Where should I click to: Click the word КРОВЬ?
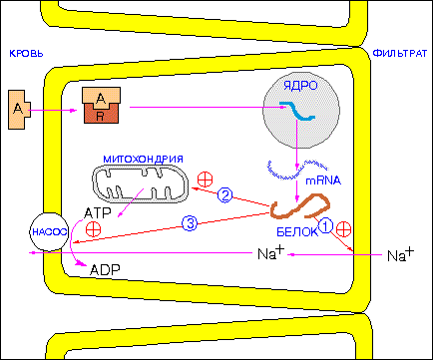[x=26, y=53]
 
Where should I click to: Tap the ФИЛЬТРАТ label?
[x=400, y=53]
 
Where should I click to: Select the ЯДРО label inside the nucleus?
[x=300, y=86]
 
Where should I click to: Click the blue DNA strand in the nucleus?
[x=297, y=111]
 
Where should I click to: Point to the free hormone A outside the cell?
[x=19, y=110]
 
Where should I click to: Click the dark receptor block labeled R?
[x=100, y=114]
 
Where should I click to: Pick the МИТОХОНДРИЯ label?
[x=143, y=159]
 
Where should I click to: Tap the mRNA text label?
[x=323, y=180]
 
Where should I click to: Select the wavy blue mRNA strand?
[x=297, y=169]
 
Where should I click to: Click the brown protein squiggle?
[x=300, y=206]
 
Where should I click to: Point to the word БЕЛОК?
[x=297, y=231]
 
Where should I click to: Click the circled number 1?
[x=325, y=226]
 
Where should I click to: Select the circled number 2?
[x=225, y=195]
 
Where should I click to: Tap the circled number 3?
[x=190, y=223]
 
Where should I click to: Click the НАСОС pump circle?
[x=49, y=231]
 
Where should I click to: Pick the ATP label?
[x=98, y=213]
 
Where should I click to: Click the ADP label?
[x=105, y=269]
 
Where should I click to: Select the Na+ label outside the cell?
[x=401, y=254]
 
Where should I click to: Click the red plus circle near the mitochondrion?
[x=205, y=180]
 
